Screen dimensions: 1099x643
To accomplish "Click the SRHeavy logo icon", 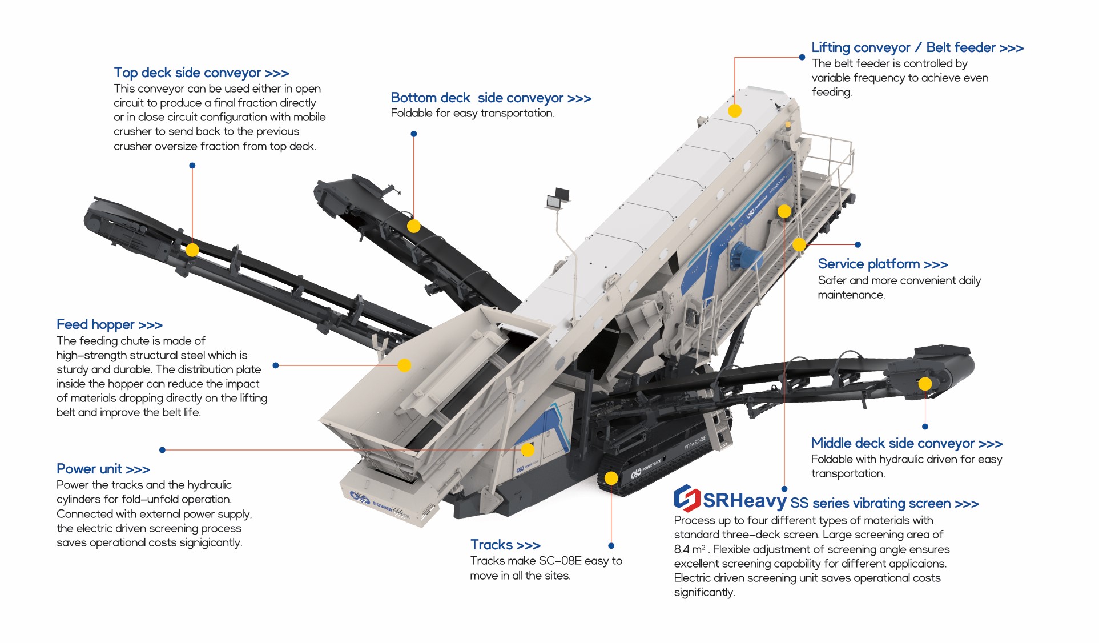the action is point(687,498).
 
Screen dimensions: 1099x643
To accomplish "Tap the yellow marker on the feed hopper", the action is point(404,365).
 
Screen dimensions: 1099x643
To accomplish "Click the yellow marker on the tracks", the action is point(611,478).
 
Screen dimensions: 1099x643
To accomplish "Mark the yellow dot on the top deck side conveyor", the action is point(192,250).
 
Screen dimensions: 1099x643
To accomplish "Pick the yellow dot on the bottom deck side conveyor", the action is point(414,226).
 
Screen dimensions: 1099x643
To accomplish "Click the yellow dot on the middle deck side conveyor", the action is point(925,384).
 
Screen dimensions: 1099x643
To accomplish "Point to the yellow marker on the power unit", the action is point(528,450).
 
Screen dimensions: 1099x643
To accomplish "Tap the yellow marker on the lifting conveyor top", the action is point(735,111).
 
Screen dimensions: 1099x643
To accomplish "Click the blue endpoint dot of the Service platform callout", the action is point(858,244).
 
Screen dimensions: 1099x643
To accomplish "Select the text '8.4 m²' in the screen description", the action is point(690,549).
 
